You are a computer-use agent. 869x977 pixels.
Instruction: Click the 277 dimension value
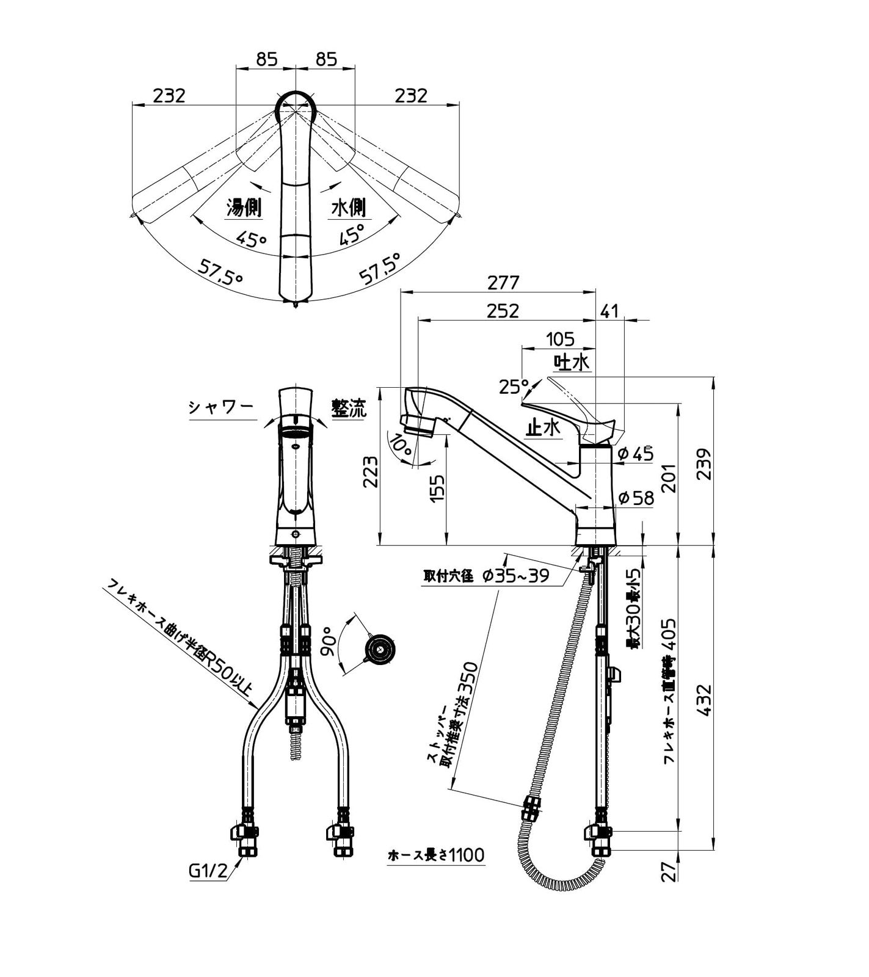tap(503, 283)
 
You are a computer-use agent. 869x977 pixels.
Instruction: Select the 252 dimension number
tap(503, 311)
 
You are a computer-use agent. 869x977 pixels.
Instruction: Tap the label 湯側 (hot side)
tap(244, 208)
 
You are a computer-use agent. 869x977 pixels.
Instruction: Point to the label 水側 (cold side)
tap(348, 208)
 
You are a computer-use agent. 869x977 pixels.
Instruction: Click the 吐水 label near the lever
tap(572, 362)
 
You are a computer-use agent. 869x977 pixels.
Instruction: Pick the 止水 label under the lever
tap(542, 428)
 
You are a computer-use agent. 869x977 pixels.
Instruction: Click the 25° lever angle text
tap(513, 387)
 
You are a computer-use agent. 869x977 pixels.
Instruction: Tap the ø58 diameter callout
tap(635, 498)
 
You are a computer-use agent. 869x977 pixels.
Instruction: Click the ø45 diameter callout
tap(635, 453)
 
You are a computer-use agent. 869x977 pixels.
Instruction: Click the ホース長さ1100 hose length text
tap(436, 855)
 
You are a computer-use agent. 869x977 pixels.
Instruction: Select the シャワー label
tap(220, 408)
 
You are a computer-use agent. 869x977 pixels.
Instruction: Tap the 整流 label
tap(349, 408)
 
